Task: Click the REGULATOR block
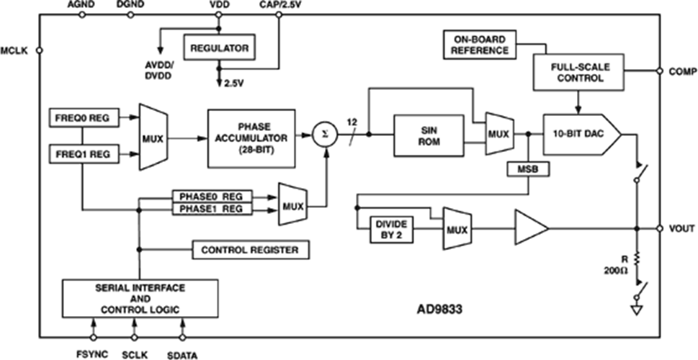pyautogui.click(x=219, y=48)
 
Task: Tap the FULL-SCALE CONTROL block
pyautogui.click(x=578, y=72)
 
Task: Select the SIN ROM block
pyautogui.click(x=428, y=135)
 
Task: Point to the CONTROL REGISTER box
pyautogui.click(x=249, y=250)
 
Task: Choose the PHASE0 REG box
pyautogui.click(x=211, y=196)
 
